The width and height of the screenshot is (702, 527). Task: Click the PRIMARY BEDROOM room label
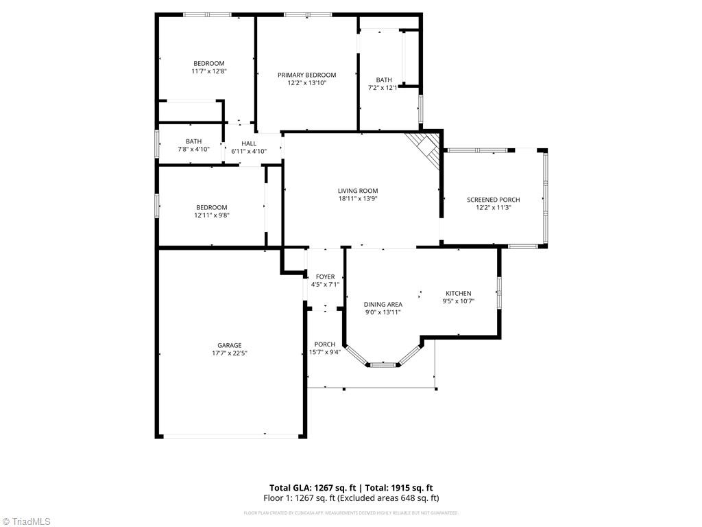pyautogui.click(x=306, y=75)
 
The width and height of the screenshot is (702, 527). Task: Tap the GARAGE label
pyautogui.click(x=230, y=345)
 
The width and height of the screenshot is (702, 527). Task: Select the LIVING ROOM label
pyautogui.click(x=357, y=191)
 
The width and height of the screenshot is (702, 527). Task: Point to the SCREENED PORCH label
pyautogui.click(x=493, y=200)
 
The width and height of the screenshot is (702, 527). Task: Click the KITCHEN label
pyautogui.click(x=458, y=293)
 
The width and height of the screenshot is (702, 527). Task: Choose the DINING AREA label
pyautogui.click(x=383, y=304)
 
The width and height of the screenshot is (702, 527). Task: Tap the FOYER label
pyautogui.click(x=325, y=277)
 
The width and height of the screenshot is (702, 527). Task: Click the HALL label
pyautogui.click(x=248, y=143)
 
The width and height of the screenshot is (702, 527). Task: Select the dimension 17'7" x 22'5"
pyautogui.click(x=230, y=353)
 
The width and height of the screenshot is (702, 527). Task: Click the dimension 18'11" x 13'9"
pyautogui.click(x=357, y=198)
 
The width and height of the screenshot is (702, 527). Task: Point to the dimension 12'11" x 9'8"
pyautogui.click(x=211, y=215)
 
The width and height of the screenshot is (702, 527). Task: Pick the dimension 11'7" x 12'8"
pyautogui.click(x=208, y=71)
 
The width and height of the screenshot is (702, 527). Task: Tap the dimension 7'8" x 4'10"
pyautogui.click(x=193, y=149)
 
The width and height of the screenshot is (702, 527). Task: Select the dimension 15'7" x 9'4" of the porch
pyautogui.click(x=324, y=352)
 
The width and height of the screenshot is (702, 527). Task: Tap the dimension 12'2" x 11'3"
pyautogui.click(x=493, y=207)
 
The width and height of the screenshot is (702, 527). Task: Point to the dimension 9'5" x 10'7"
pyautogui.click(x=458, y=301)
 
